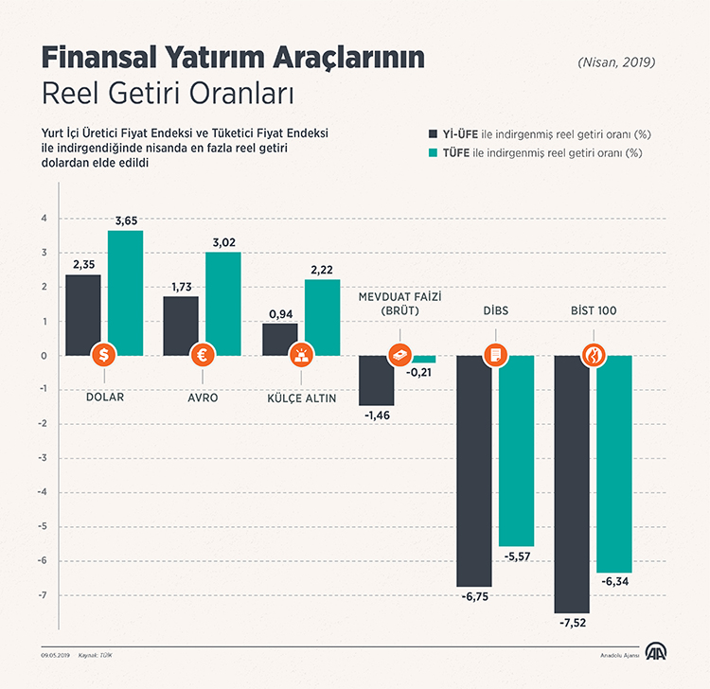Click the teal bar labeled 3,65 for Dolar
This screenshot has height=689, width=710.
pyautogui.click(x=126, y=292)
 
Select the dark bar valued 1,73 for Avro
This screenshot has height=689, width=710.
pyautogui.click(x=181, y=326)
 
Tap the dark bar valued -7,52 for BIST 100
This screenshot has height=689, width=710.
pyautogui.click(x=572, y=484)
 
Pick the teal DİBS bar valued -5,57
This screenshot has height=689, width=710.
pyautogui.click(x=516, y=450)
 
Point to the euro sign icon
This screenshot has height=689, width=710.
pyautogui.click(x=203, y=356)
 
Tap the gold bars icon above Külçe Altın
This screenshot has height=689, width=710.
pyautogui.click(x=301, y=356)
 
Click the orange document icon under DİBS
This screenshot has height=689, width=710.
pyautogui.click(x=495, y=356)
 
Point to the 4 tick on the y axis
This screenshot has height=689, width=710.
pyautogui.click(x=43, y=219)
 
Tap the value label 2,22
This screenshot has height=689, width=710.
pyautogui.click(x=322, y=270)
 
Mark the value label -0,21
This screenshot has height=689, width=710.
pyautogui.click(x=418, y=372)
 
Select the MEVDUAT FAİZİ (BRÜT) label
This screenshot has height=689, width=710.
pyautogui.click(x=400, y=304)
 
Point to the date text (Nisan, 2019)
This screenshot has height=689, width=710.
pyautogui.click(x=616, y=62)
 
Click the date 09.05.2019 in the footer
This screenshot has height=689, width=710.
pyautogui.click(x=55, y=655)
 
